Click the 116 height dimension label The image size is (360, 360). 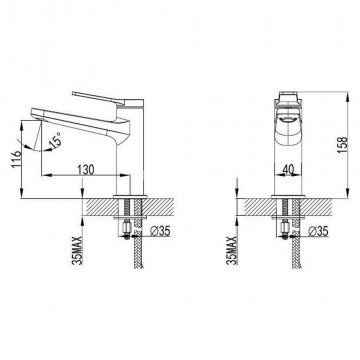17,159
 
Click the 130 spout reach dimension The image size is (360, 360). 86,170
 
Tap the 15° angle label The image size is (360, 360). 56,139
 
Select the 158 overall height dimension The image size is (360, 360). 343,145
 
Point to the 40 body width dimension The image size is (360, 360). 288,170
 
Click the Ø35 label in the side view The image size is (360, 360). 159,231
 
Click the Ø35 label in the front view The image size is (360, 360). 318,231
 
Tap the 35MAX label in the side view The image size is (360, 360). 77,250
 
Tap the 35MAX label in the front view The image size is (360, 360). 232,250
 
